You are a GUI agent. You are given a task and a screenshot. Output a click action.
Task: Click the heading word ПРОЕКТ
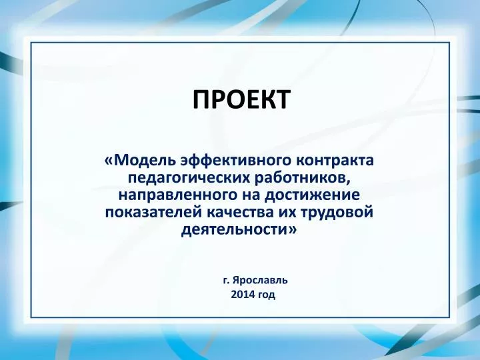[x=241, y=99]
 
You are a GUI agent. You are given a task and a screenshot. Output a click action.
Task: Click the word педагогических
[x=189, y=178]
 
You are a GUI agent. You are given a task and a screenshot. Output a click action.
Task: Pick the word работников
[x=301, y=177]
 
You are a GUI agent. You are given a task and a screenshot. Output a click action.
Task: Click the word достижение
[x=312, y=195]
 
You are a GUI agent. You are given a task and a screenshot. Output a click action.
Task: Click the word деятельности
[x=234, y=230]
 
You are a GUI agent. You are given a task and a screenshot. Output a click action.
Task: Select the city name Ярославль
[x=260, y=280]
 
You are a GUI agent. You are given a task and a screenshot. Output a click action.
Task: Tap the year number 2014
[x=243, y=295]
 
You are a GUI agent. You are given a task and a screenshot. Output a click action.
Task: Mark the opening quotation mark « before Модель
[x=109, y=161]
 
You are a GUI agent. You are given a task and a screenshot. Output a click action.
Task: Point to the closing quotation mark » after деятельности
[x=293, y=230]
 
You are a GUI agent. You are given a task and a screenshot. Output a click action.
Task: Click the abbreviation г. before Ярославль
[x=226, y=281]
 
